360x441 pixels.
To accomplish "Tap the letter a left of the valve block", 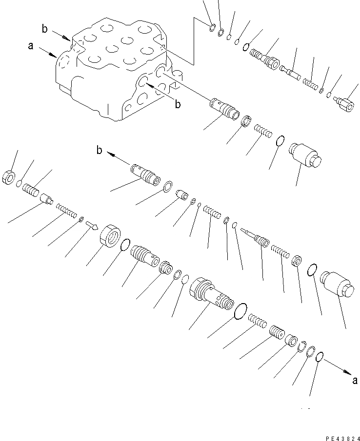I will click(x=31, y=46).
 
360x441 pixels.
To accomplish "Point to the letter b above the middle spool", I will click(x=100, y=152).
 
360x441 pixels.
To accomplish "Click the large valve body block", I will click(x=112, y=68).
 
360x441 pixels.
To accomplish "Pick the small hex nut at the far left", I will click(x=11, y=177).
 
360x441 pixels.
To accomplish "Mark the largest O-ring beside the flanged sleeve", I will click(x=240, y=310).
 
